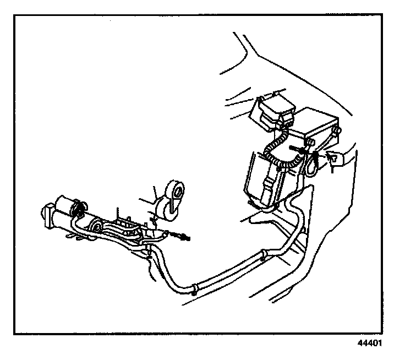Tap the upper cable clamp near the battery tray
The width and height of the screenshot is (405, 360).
265,252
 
